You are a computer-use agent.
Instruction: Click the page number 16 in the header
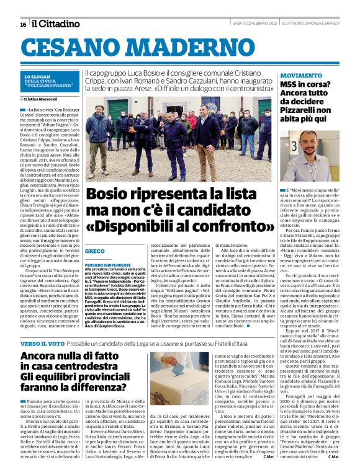click(23, 24)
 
